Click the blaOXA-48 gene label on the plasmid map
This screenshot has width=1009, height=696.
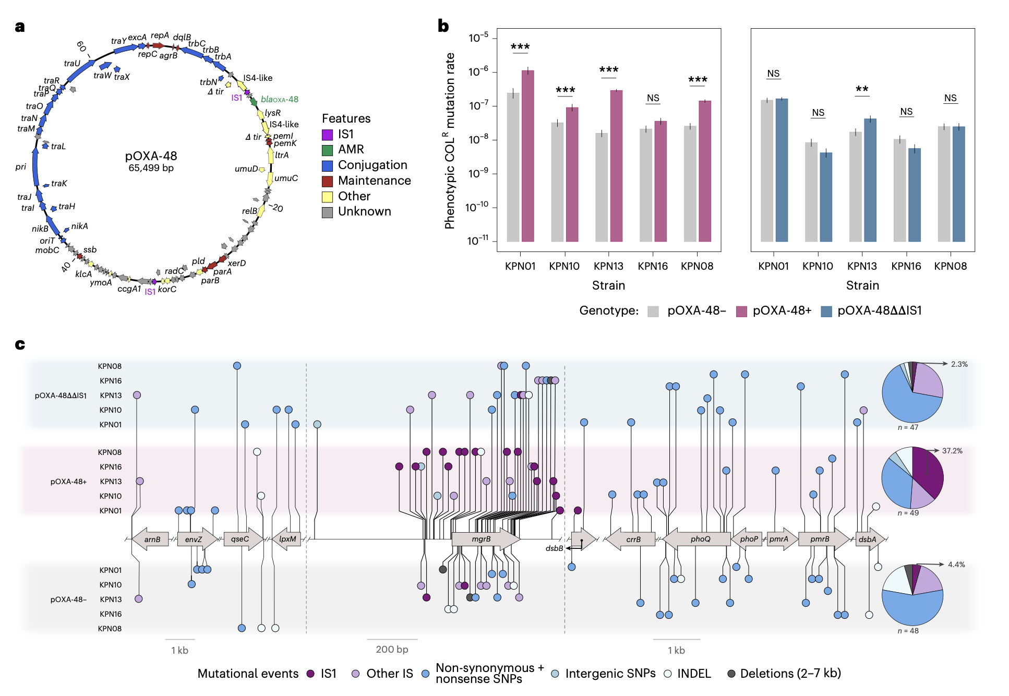tap(279, 99)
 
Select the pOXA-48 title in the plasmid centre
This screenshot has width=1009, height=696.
tap(151, 156)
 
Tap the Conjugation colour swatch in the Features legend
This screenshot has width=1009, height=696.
tap(327, 165)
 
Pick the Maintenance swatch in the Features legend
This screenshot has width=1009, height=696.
tap(327, 181)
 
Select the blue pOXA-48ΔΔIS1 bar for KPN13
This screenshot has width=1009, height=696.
tap(870, 180)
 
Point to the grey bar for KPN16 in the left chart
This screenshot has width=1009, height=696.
tap(645, 185)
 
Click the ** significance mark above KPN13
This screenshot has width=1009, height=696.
tap(862, 89)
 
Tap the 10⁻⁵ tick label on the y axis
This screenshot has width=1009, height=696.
tap(478, 38)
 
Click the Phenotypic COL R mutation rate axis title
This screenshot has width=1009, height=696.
tap(450, 141)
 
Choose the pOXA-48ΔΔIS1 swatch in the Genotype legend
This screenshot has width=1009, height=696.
tap(826, 311)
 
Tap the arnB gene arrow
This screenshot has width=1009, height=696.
tap(151, 539)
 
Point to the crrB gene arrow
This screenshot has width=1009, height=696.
tap(632, 539)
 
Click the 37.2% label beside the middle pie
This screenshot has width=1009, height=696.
tap(952, 451)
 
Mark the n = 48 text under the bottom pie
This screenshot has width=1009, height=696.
tap(908, 631)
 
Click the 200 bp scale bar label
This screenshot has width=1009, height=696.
tap(392, 650)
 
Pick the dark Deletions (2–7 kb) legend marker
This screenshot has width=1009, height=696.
tap(731, 674)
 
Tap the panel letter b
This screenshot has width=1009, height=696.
tap(443, 26)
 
